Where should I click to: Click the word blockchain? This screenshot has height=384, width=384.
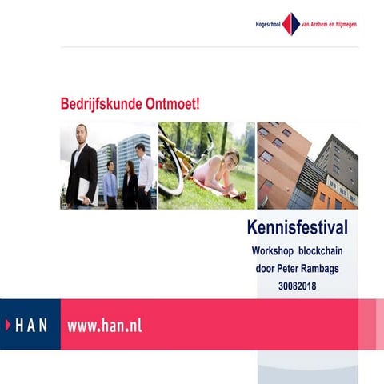(319, 252)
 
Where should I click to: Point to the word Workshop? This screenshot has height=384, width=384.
(273, 252)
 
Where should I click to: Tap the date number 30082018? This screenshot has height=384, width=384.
(297, 284)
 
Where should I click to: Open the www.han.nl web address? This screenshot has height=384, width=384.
(105, 325)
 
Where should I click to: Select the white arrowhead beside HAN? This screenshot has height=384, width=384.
(9, 325)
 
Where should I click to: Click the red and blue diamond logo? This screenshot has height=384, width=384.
(290, 24)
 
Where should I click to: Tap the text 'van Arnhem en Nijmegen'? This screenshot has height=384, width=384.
(329, 24)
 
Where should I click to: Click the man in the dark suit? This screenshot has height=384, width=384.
(82, 164)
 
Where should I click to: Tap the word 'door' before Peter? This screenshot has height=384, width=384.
(264, 268)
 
